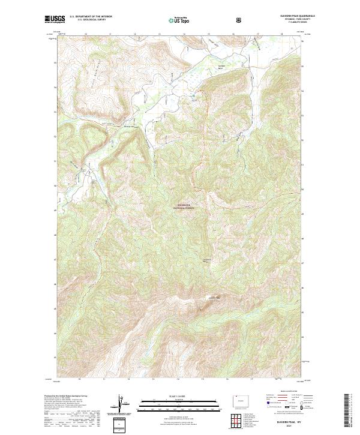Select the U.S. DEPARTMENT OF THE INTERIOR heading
91,17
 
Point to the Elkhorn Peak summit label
214,298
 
